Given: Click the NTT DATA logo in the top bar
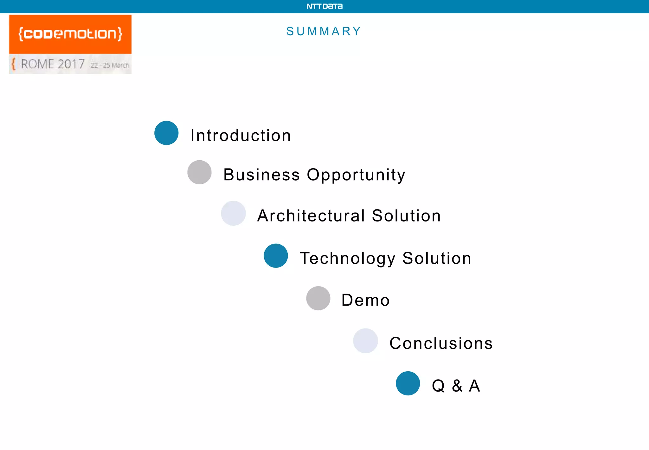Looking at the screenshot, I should tap(324, 6).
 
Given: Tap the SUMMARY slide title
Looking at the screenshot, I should tap(324, 31).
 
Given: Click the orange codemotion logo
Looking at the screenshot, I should tap(70, 34).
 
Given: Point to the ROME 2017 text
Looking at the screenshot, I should tap(53, 64).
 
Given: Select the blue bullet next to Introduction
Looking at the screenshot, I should tap(166, 133).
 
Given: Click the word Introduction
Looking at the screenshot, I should tap(241, 136).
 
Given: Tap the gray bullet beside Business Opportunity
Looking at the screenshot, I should tap(199, 172).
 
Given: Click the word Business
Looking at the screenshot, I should tap(261, 175).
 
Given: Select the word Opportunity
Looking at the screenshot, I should tap(356, 175).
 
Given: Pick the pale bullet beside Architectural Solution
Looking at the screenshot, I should tap(233, 213).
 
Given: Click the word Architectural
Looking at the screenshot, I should tap(311, 216).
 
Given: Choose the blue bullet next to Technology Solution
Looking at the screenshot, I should tap(276, 256).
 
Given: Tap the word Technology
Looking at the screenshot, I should tap(348, 258).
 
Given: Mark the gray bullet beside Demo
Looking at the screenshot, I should tap(318, 298).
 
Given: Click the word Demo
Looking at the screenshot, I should tap(365, 300).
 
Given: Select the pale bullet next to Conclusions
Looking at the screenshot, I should tap(365, 341).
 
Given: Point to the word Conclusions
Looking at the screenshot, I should tap(441, 343).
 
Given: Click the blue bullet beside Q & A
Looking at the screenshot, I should tap(408, 383).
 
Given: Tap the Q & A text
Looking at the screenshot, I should tap(456, 386).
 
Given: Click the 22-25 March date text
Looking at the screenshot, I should tap(110, 65).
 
